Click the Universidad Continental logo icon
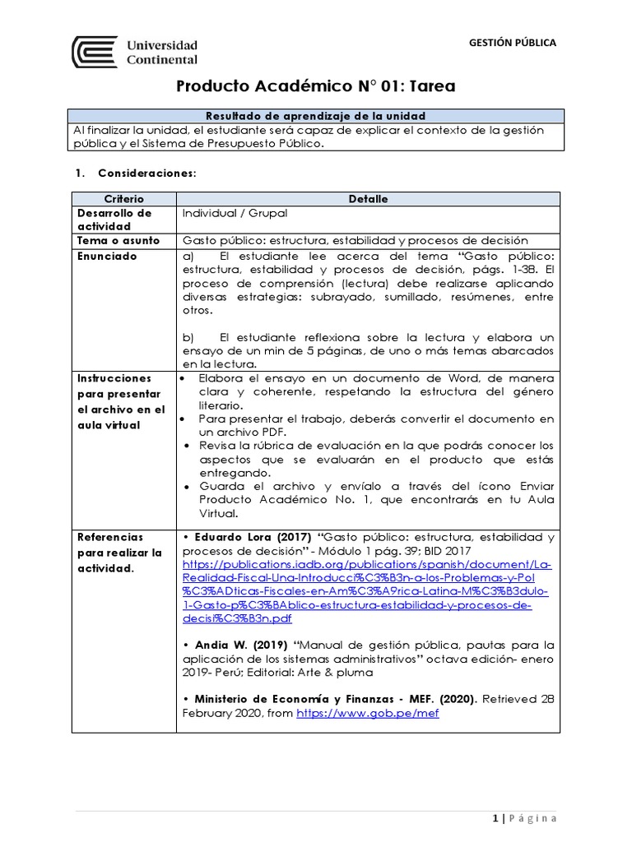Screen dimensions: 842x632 coord(95,52)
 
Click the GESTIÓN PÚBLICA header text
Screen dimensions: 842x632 coord(512,43)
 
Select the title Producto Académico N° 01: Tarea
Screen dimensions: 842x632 coord(316,87)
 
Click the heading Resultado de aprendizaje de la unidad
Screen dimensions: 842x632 coord(315,116)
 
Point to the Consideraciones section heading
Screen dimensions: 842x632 coord(146,173)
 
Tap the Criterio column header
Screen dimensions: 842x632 coord(123,199)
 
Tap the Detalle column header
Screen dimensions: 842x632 coord(368,199)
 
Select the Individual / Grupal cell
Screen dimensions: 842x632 coord(235,213)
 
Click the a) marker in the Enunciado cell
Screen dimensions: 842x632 coord(188,256)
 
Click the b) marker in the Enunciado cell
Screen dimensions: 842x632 coord(188,337)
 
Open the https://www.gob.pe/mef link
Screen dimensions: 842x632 coord(367,713)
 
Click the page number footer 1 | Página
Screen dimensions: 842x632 coord(524,817)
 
